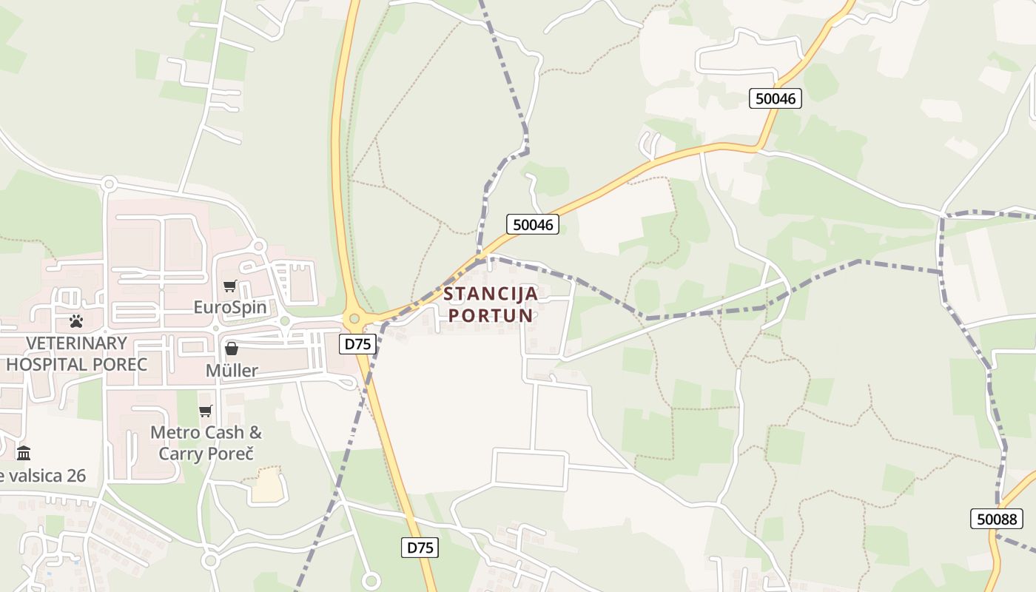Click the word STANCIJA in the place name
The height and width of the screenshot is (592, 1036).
pyautogui.click(x=491, y=294)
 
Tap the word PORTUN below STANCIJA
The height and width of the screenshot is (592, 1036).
pyautogui.click(x=491, y=315)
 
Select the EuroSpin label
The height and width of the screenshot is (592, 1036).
pyautogui.click(x=230, y=306)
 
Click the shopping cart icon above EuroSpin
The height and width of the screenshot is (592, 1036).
pyautogui.click(x=230, y=286)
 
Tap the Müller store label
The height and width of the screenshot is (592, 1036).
pyautogui.click(x=232, y=370)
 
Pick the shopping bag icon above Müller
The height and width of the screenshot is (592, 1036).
pyautogui.click(x=232, y=348)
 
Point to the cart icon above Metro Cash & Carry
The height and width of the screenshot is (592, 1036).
pyautogui.click(x=206, y=411)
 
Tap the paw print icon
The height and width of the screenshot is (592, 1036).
pyautogui.click(x=76, y=321)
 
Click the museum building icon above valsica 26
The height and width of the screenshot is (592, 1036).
pyautogui.click(x=24, y=452)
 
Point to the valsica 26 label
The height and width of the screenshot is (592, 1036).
pyautogui.click(x=44, y=475)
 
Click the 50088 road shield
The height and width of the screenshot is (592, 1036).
pyautogui.click(x=997, y=519)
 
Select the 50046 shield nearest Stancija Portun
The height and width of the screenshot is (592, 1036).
pyautogui.click(x=533, y=224)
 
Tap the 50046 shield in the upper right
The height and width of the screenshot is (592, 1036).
pyautogui.click(x=776, y=98)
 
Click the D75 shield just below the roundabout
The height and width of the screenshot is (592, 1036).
pyautogui.click(x=358, y=343)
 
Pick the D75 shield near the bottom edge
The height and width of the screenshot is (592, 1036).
pyautogui.click(x=420, y=548)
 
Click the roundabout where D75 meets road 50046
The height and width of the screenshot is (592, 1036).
pyautogui.click(x=354, y=319)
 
